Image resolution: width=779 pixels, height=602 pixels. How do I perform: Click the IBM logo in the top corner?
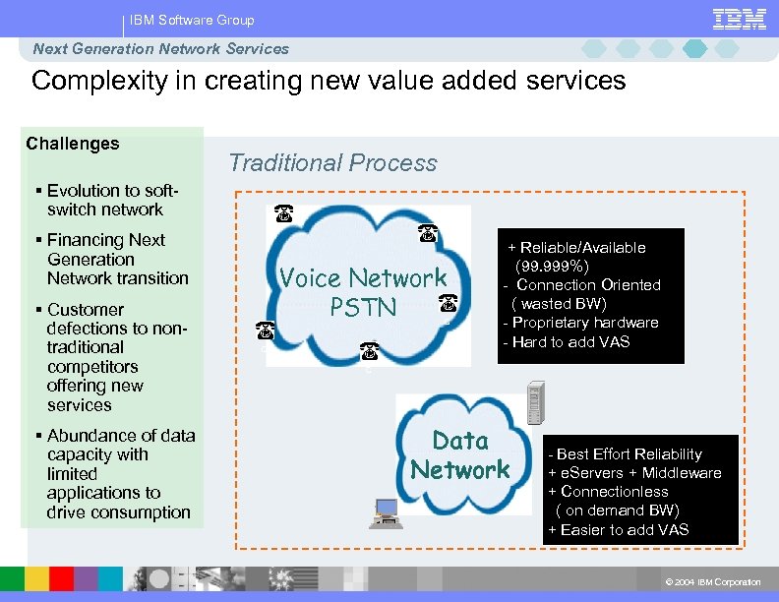point(739,19)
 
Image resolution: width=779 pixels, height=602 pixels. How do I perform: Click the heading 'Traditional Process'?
point(332,163)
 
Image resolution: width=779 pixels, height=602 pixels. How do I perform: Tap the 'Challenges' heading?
point(73,144)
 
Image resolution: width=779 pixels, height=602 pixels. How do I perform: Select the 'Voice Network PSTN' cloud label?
point(363,293)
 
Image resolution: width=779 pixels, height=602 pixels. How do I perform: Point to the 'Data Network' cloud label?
point(460,455)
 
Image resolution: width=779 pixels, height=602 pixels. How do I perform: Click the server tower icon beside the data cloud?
point(536,405)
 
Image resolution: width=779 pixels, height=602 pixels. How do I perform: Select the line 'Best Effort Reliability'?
point(629,454)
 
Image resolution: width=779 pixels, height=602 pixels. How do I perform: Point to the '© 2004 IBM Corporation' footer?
point(713,582)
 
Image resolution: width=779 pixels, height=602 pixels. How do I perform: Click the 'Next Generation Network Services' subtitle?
point(161,49)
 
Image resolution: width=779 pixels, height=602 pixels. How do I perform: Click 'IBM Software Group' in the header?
point(192,20)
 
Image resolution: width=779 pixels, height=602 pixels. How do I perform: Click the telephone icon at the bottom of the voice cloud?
point(369,350)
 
